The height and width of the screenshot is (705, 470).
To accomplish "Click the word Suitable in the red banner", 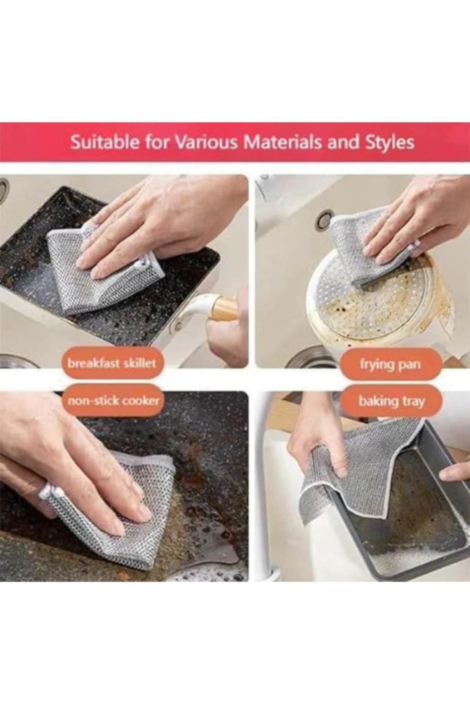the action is [104, 143].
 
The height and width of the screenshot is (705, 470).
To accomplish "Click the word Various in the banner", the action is [206, 143].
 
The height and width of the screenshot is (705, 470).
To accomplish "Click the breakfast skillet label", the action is [112, 363].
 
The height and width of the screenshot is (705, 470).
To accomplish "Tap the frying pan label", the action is [390, 364].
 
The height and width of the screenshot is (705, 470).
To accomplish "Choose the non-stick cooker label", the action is [114, 401].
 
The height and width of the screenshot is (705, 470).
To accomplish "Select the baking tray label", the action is [391, 401].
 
